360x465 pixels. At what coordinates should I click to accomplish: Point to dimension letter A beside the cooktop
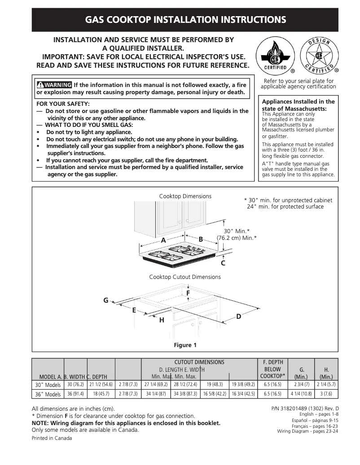coord(163,240)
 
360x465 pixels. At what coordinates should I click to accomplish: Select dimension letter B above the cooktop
coord(201,239)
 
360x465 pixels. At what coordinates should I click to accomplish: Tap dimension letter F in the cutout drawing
coord(188,293)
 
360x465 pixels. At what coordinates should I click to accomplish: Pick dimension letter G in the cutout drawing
coord(106,300)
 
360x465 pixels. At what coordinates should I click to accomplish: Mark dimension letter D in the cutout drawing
coord(238,317)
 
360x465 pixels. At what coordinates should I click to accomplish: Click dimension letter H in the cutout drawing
coord(162,320)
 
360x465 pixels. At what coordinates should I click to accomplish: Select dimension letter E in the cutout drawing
coord(134,310)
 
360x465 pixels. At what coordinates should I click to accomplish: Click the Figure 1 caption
coord(185,345)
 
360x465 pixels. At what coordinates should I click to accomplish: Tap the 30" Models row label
coord(48,385)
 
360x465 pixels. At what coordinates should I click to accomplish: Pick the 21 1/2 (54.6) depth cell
coord(101,385)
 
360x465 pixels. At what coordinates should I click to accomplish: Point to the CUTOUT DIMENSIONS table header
coord(199,362)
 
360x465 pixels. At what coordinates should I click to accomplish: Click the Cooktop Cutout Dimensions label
coord(185,277)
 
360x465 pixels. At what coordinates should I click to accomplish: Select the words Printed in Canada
coord(52,438)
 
